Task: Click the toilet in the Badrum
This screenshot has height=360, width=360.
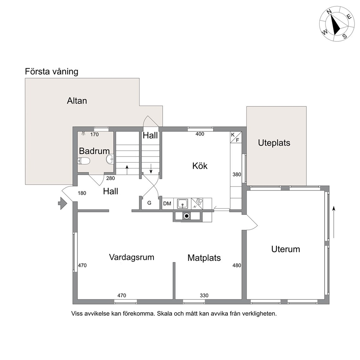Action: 83,161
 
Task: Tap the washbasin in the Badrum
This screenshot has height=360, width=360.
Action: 110,159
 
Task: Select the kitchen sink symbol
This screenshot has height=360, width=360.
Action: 183,204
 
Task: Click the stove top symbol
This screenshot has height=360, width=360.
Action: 197,204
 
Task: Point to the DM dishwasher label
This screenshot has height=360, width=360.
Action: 167,204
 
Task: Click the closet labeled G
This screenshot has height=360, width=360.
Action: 149,203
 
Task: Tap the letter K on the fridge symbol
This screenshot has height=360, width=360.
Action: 233,135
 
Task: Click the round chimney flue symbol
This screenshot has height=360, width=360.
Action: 187,216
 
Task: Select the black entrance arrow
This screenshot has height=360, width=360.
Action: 62,203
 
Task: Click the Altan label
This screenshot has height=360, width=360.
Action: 77,101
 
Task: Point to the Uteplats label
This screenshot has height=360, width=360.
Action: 274,143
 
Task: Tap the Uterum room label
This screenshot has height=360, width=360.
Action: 286,249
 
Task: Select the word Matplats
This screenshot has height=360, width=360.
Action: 204,258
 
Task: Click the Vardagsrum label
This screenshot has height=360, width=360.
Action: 132,257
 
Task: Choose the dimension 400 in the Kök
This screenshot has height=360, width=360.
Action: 200,134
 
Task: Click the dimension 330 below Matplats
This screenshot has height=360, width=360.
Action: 204,295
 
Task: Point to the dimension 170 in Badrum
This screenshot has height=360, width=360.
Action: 94,135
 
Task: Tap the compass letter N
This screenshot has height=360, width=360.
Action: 330,12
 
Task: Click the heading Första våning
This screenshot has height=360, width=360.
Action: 52,71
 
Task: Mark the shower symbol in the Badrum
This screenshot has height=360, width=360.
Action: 83,133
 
